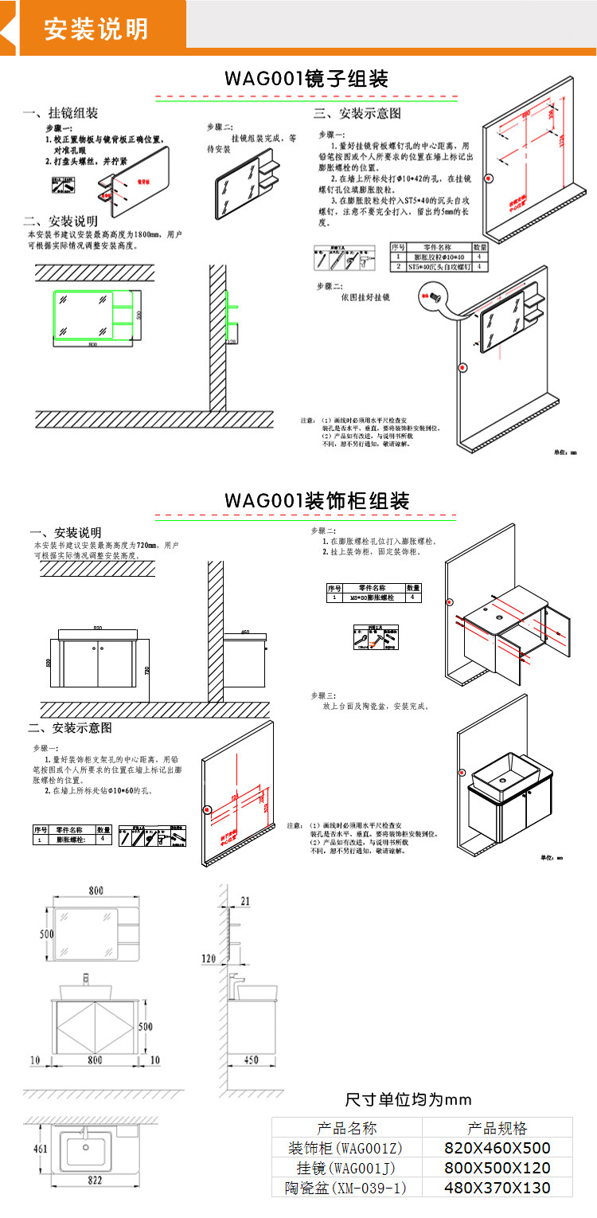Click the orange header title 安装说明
coord(96,29)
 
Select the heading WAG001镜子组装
coord(306,80)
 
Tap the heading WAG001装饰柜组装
coord(316,501)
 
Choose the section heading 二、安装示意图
coord(70,728)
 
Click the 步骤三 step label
coord(323,695)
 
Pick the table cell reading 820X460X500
coord(497,1148)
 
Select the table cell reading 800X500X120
coord(497,1168)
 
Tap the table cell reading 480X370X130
coord(497,1188)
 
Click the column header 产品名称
coord(346,1128)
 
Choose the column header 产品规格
coord(497,1128)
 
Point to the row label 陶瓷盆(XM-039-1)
coord(346,1188)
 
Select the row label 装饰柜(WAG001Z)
coord(346,1148)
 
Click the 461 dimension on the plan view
coord(39,1149)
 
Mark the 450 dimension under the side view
coord(251,1060)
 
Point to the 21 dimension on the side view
coord(244,901)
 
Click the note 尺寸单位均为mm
coord(408,1100)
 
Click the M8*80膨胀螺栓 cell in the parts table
coord(373,597)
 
